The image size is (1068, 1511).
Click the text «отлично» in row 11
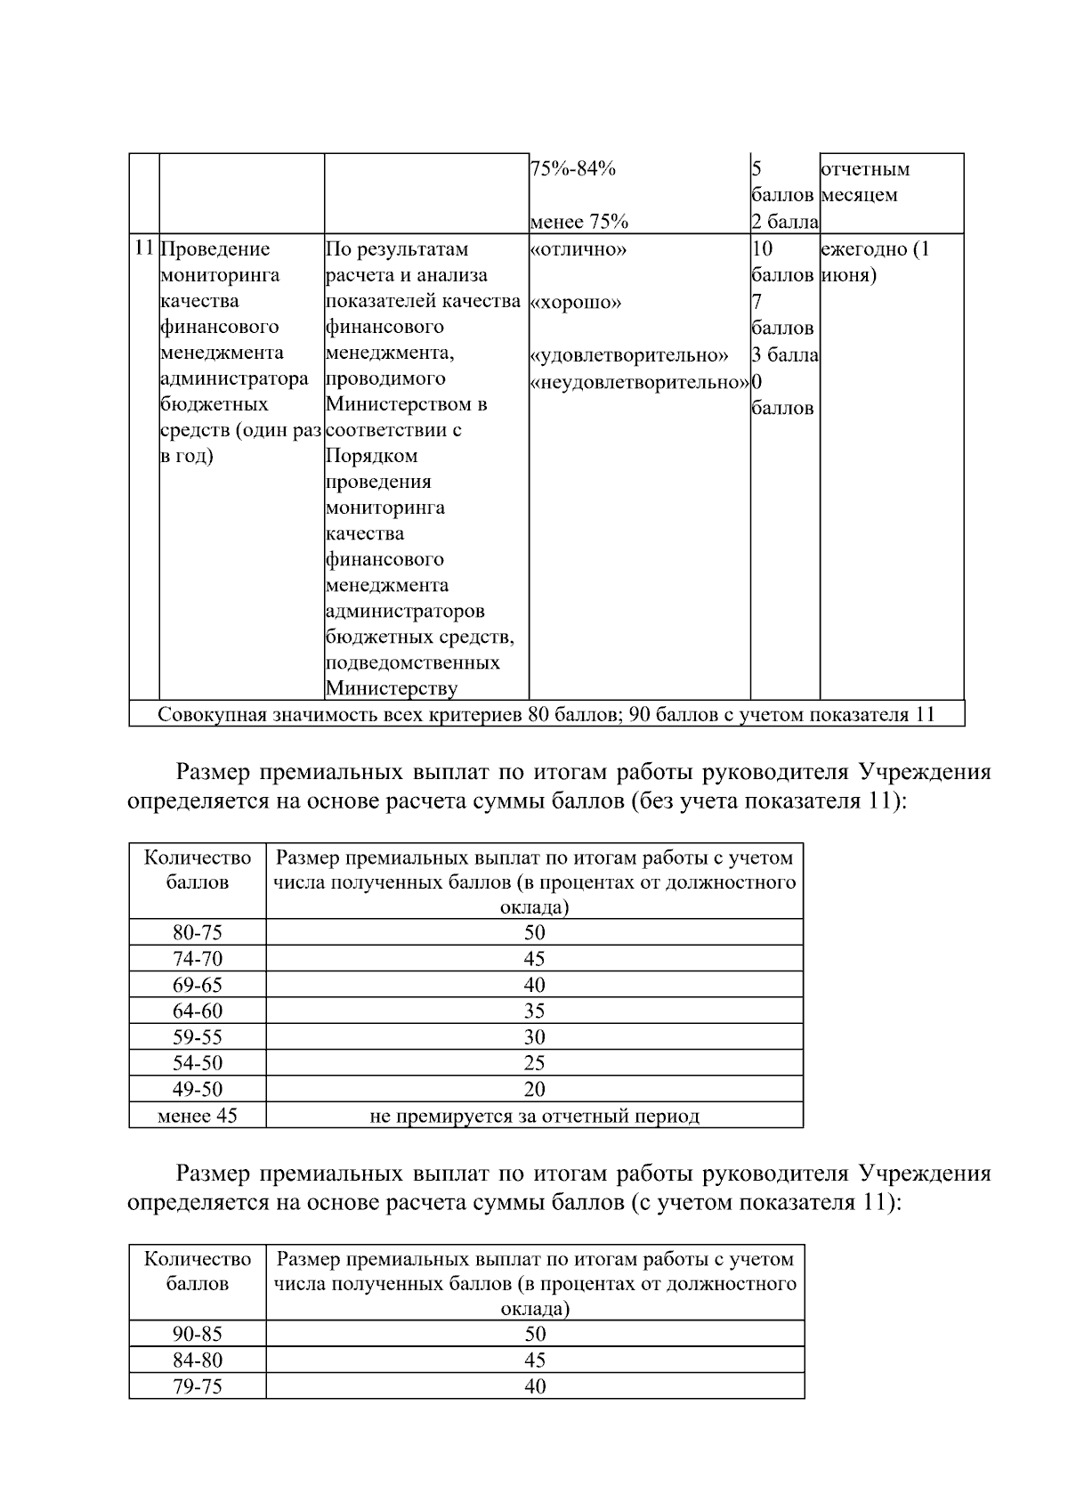[578, 249]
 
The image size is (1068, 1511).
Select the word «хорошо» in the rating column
[576, 303]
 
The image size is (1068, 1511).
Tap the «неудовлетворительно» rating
[639, 383]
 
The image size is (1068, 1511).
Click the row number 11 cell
[144, 248]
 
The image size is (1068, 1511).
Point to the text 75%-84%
[572, 169]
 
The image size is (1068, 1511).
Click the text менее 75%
[578, 222]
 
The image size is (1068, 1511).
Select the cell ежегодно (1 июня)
[874, 262]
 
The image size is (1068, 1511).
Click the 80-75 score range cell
[198, 932]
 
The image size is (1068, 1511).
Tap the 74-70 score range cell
[198, 959]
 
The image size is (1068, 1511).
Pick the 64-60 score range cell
[198, 1011]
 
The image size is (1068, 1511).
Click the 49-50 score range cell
[198, 1089]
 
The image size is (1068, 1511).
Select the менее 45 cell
[198, 1116]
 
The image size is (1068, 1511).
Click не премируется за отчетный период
[534, 1116]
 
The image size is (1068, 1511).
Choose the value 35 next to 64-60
[534, 1011]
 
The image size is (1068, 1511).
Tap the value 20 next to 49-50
[534, 1089]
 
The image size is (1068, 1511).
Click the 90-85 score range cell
[198, 1334]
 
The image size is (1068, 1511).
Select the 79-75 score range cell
[198, 1386]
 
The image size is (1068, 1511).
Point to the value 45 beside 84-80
[534, 1360]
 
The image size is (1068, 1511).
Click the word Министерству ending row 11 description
[392, 688]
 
